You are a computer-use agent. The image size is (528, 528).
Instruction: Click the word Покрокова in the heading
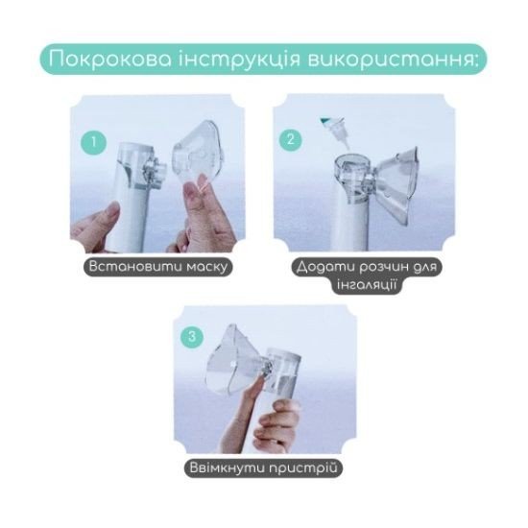[109, 60]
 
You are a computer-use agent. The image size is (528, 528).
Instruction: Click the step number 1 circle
[94, 142]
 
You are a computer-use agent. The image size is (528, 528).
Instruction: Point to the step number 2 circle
[291, 139]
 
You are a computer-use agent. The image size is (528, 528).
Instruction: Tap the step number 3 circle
[192, 336]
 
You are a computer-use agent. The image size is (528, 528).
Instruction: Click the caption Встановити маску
[158, 267]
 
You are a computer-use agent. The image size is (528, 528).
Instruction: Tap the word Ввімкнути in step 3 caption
[228, 468]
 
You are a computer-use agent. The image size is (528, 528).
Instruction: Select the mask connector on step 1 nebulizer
[156, 173]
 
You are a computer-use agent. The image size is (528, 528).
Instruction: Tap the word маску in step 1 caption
[206, 267]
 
